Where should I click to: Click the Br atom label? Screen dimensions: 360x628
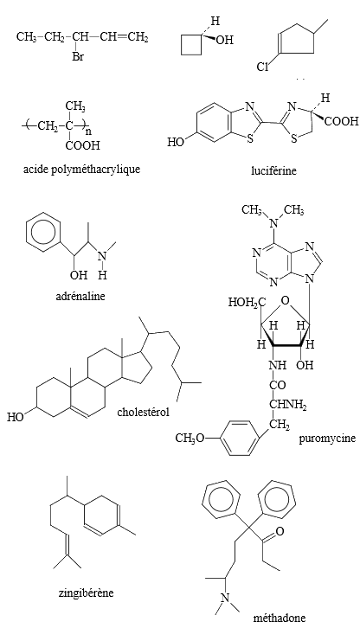(x=78, y=56)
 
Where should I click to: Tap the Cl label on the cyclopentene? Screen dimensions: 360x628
(x=262, y=67)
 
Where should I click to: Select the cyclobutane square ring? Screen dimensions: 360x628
(x=191, y=44)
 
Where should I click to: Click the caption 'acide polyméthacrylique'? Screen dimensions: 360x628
(x=82, y=170)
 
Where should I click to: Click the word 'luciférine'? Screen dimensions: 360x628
(x=273, y=170)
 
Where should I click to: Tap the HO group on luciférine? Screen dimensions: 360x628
(x=176, y=142)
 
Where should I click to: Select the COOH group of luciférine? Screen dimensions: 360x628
(x=341, y=121)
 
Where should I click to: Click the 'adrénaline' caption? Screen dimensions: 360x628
(x=80, y=296)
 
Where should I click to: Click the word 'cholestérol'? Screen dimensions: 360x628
(x=143, y=412)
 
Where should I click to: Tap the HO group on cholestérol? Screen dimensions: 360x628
(x=16, y=417)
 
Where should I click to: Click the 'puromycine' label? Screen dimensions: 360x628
(x=327, y=438)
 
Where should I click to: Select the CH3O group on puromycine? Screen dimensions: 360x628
(x=190, y=439)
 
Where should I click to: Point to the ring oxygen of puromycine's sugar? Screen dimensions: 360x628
(x=285, y=299)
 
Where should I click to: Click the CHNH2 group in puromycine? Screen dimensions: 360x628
(x=288, y=405)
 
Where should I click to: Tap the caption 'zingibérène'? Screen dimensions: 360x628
(x=86, y=593)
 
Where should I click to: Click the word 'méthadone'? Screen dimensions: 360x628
(x=279, y=618)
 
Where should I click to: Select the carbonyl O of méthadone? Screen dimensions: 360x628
(x=280, y=531)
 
